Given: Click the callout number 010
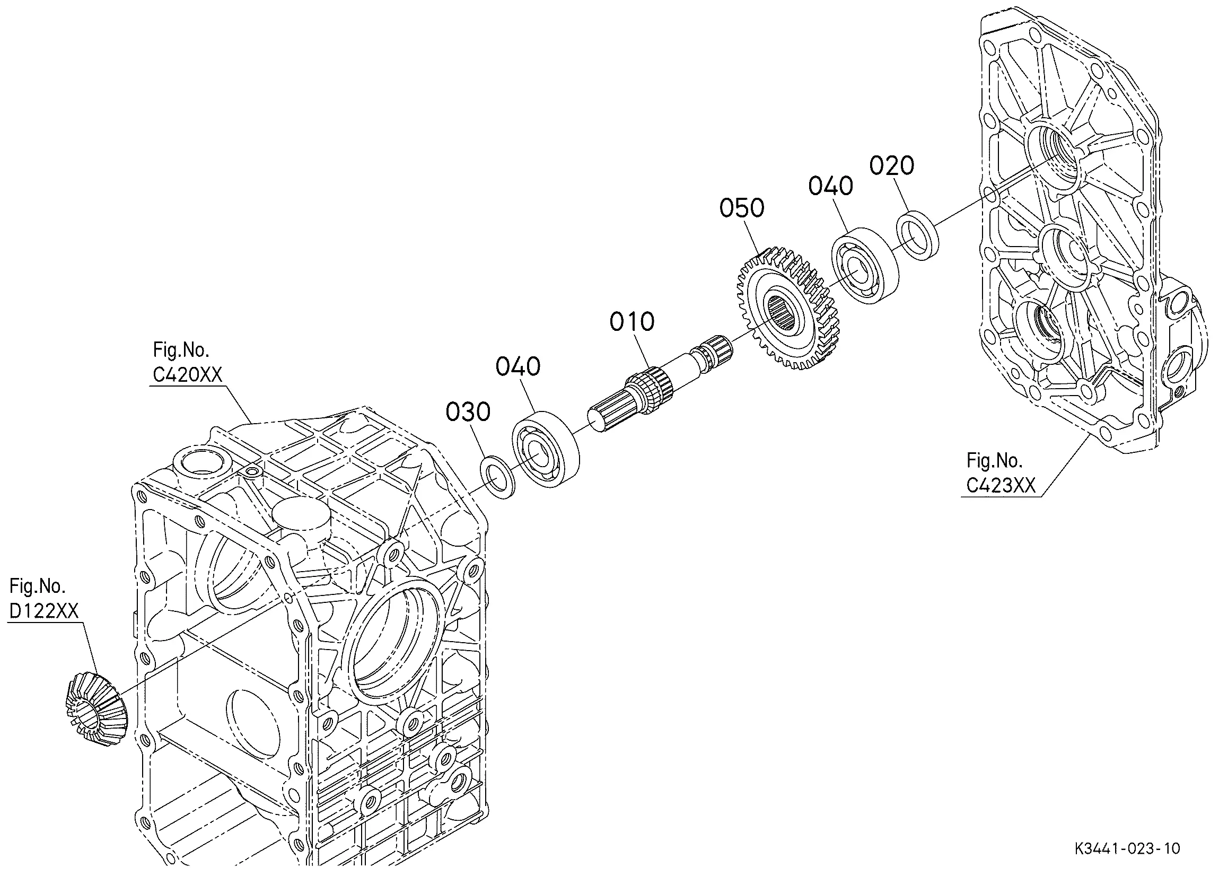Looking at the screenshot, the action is pyautogui.click(x=632, y=321).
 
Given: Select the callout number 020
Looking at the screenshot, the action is pyautogui.click(x=892, y=165).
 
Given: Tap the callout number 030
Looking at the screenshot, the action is pyautogui.click(x=468, y=413).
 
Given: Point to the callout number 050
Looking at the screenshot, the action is pyautogui.click(x=742, y=208).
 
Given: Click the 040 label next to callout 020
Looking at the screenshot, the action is pyautogui.click(x=831, y=186).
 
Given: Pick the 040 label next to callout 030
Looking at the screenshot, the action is pyautogui.click(x=518, y=367).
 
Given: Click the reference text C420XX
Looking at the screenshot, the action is pyautogui.click(x=188, y=375).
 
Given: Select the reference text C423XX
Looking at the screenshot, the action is pyautogui.click(x=1001, y=486).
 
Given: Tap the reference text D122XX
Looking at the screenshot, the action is pyautogui.click(x=44, y=611).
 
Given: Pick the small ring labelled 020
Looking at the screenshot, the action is pyautogui.click(x=918, y=236).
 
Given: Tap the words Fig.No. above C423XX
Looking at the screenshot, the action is pyautogui.click(x=994, y=460).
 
